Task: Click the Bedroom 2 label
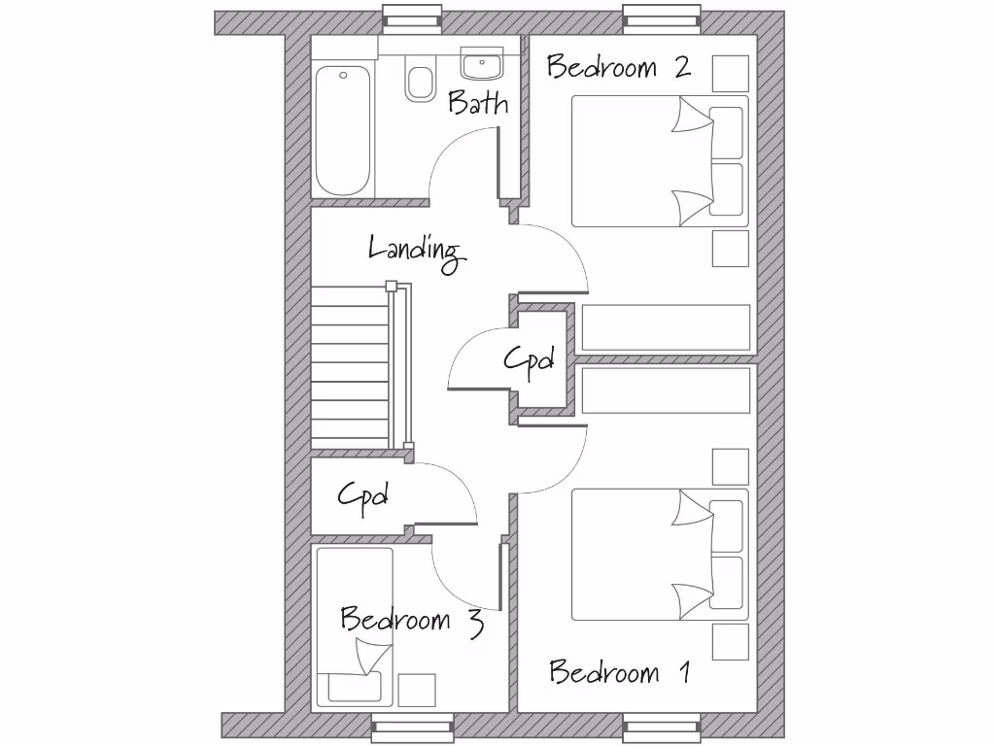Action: click(x=618, y=67)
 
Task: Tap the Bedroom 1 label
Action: click(x=619, y=672)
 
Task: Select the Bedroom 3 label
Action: click(x=411, y=620)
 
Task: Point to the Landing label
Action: click(x=416, y=251)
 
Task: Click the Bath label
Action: click(x=477, y=103)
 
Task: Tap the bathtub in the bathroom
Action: click(x=343, y=130)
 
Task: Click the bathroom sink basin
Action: click(x=481, y=65)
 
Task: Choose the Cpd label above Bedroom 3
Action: click(x=362, y=495)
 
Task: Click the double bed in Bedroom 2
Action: click(x=659, y=161)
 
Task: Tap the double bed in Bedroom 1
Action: click(x=659, y=555)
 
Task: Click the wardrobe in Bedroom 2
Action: click(x=667, y=327)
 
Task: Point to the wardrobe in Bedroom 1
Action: click(x=667, y=390)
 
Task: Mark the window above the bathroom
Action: click(x=411, y=17)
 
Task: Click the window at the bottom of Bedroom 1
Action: click(x=662, y=727)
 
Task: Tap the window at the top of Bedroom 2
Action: click(x=662, y=17)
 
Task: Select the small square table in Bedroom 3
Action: click(x=417, y=691)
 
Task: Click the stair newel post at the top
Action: click(x=392, y=287)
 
